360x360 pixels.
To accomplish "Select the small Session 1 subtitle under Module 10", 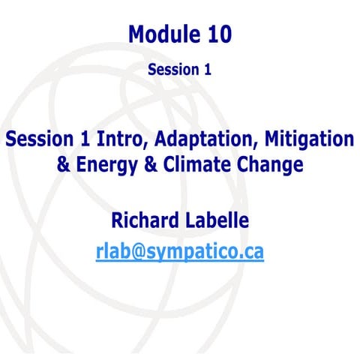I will click(179, 70).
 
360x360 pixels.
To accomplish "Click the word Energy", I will click(115, 163).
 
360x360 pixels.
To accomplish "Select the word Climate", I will click(211, 163).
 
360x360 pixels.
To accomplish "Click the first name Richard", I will click(145, 220).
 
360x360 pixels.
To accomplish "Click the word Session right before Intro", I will click(37, 139).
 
